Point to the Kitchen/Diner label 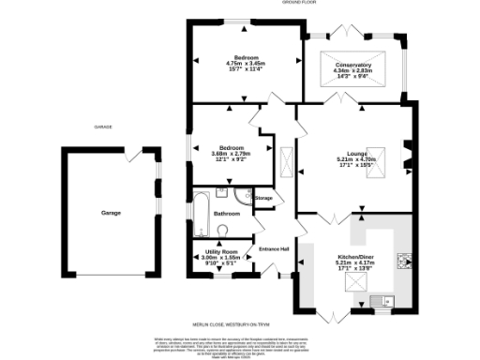[355, 255]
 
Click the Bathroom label [227, 214]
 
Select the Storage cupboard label [263, 198]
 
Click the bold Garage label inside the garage [112, 213]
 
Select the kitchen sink [381, 300]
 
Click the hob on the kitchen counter [404, 262]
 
